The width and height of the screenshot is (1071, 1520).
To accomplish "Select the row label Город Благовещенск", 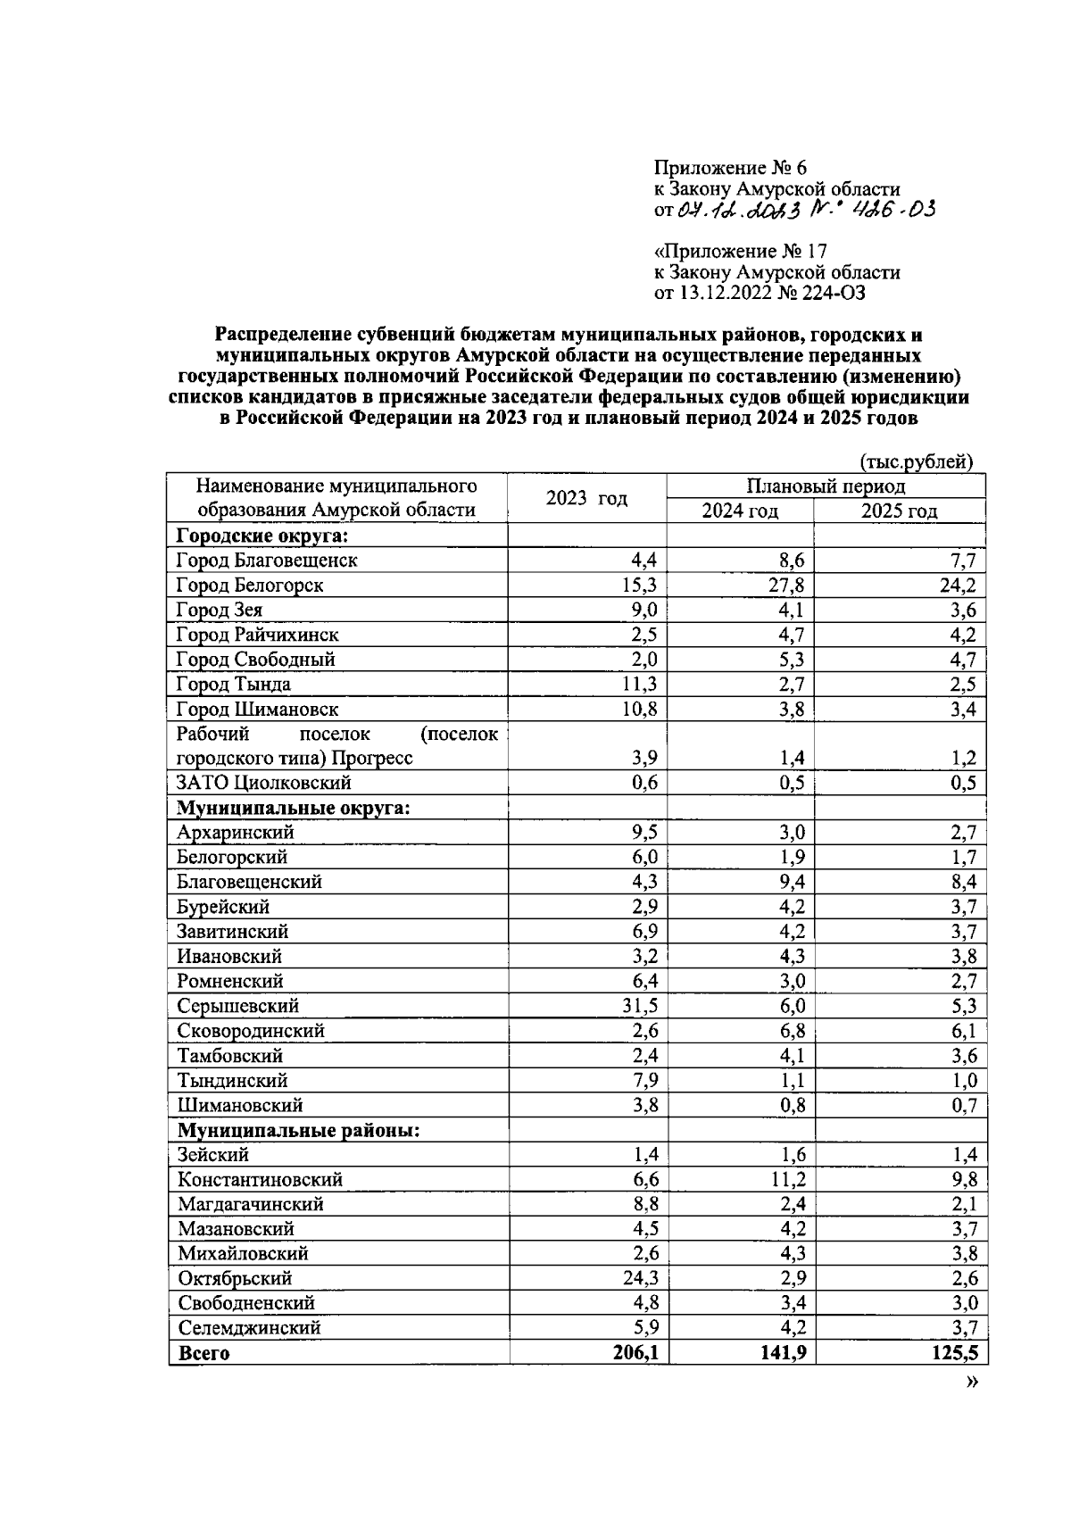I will click(267, 561).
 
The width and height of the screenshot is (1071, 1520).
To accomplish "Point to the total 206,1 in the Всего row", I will click(635, 1353).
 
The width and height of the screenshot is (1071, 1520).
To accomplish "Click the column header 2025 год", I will click(899, 511).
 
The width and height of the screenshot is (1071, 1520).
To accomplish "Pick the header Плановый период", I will click(826, 486).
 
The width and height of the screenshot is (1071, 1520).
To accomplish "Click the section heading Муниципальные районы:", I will click(299, 1130).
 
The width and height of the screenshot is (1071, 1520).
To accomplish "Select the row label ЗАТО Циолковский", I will click(264, 783).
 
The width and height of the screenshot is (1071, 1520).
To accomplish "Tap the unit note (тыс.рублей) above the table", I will click(916, 461).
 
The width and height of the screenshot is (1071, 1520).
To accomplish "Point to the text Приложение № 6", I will click(730, 168).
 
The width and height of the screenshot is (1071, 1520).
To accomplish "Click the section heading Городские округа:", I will click(262, 536).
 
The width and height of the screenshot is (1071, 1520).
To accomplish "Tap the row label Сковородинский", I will click(251, 1031).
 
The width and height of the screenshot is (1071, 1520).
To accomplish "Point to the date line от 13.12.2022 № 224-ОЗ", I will click(760, 293).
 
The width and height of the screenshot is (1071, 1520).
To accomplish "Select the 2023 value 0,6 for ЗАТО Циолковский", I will click(644, 783).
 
